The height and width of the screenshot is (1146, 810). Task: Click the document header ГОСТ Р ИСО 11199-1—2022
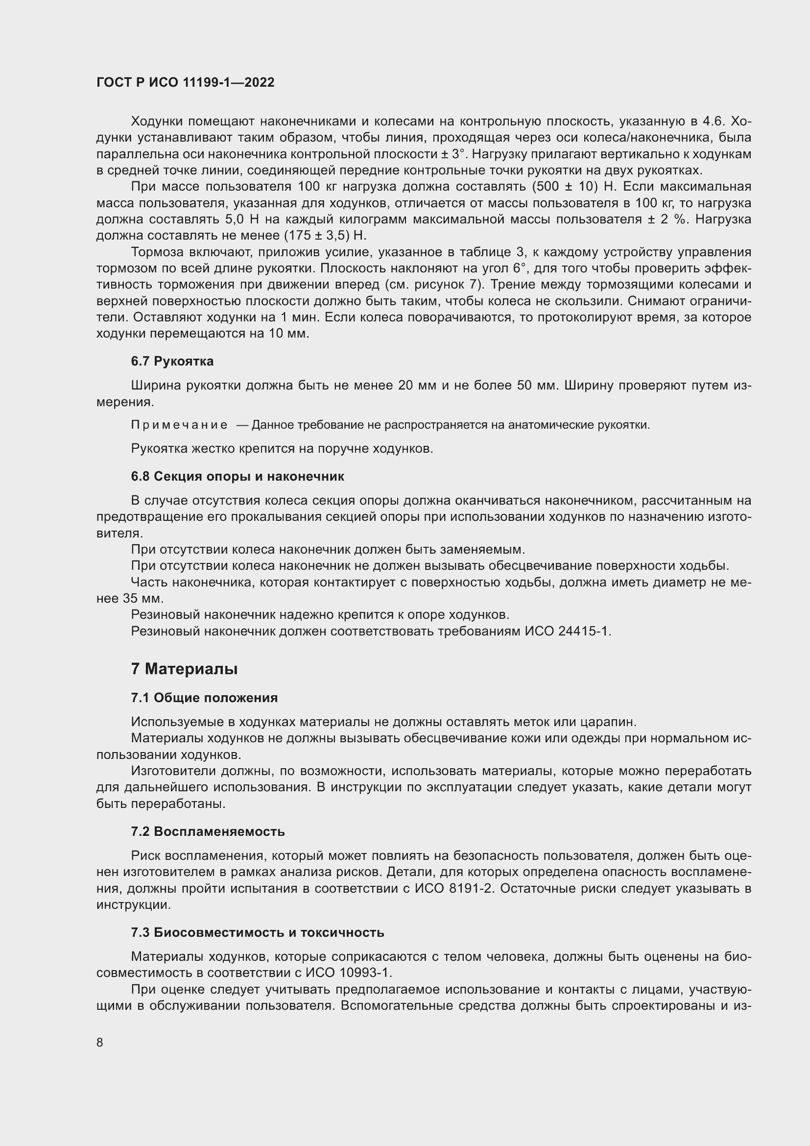185,82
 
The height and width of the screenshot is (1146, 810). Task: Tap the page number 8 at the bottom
100,1042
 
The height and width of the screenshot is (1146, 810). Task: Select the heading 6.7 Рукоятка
172,361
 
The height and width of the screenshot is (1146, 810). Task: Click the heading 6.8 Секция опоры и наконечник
238,476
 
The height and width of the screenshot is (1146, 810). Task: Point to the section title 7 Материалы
184,669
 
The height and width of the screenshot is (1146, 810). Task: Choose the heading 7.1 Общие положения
204,698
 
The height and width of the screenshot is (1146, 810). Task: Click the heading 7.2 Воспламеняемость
208,831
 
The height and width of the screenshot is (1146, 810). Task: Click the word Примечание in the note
179,425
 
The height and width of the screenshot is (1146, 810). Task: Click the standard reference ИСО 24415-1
567,632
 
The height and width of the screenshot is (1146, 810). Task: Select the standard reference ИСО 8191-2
454,888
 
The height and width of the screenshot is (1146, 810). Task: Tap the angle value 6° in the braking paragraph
520,268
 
